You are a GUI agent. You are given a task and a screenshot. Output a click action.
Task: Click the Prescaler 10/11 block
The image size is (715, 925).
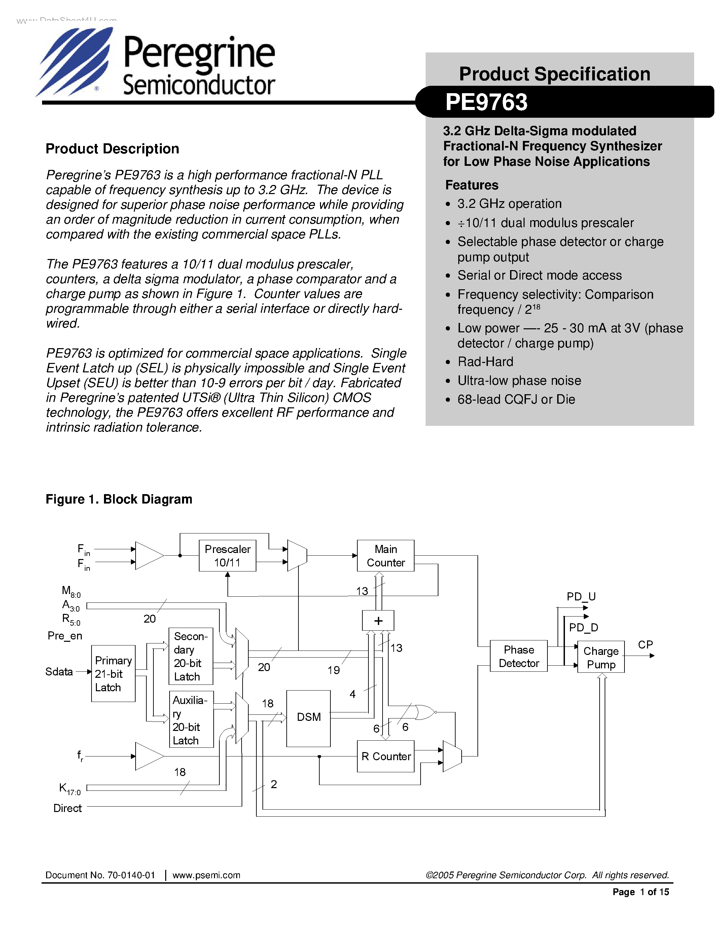(227, 555)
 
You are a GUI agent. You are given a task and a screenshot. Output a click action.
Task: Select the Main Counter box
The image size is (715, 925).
(386, 555)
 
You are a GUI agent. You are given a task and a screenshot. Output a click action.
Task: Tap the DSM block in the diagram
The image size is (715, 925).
(308, 717)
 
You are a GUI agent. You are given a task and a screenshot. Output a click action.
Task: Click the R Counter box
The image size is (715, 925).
(386, 756)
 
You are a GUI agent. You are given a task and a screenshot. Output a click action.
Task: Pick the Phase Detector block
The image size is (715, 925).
(519, 656)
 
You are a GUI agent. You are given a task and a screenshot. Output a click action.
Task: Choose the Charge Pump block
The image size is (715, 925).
(601, 657)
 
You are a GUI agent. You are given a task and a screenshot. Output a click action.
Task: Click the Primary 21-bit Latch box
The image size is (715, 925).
(113, 674)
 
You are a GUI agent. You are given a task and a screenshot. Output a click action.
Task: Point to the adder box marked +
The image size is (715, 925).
(378, 621)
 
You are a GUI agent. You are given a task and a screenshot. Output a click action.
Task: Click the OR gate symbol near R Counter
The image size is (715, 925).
(424, 712)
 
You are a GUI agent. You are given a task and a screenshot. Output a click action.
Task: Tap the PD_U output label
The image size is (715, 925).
(581, 597)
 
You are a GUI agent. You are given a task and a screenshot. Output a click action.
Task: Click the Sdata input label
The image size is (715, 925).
(59, 672)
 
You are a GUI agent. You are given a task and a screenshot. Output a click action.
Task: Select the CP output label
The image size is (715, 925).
(645, 644)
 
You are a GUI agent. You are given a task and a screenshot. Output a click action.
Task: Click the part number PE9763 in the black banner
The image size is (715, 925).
(486, 102)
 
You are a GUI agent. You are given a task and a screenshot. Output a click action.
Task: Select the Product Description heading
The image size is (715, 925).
(112, 149)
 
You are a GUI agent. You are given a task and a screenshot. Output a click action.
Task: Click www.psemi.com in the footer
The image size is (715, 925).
(206, 875)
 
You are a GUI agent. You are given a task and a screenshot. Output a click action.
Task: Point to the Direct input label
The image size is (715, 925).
(67, 808)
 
